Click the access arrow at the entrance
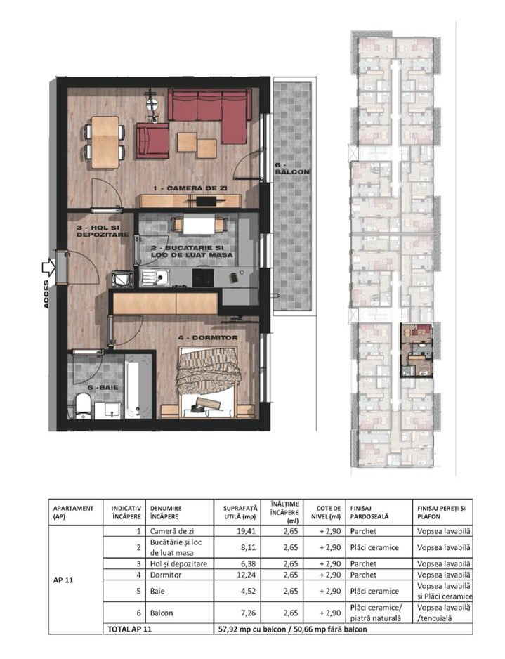[48, 266]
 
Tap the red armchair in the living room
[152, 141]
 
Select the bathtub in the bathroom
[138, 386]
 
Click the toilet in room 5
[83, 406]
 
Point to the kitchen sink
[155, 278]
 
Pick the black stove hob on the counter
[203, 278]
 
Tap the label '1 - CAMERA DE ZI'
[190, 188]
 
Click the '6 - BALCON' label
[292, 169]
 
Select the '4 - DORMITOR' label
[207, 337]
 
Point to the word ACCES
[46, 294]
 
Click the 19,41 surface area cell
[247, 531]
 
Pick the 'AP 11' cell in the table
[63, 580]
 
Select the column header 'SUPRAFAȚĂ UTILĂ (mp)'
[240, 512]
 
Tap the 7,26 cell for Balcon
[249, 613]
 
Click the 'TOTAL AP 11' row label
[129, 629]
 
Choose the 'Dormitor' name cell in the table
[166, 575]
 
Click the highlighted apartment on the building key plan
[417, 351]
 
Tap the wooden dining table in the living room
[105, 143]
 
